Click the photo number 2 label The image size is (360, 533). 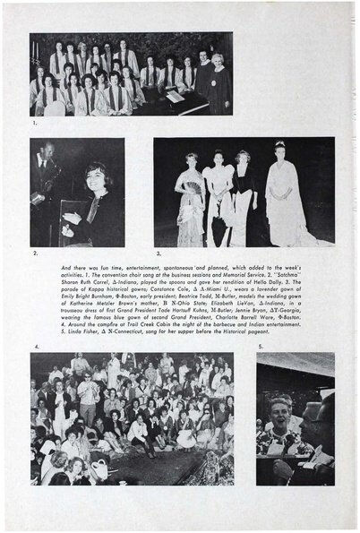click(x=34, y=254)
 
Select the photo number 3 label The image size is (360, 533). click(x=158, y=254)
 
